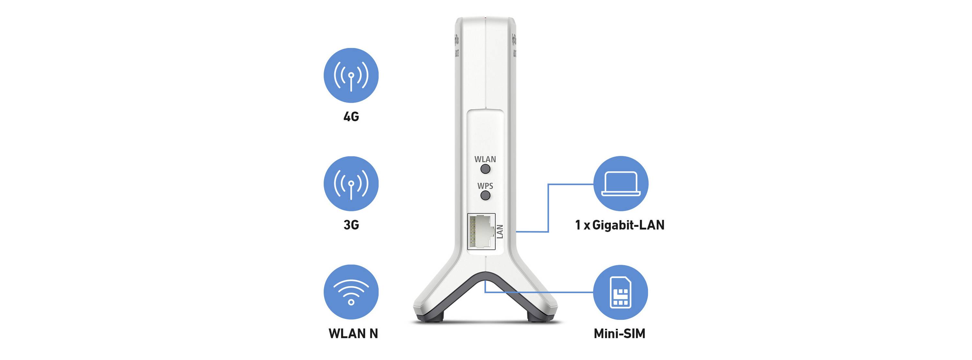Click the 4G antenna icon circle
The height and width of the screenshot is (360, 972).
[x=351, y=75]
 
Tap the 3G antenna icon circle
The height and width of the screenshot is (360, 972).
[x=351, y=184]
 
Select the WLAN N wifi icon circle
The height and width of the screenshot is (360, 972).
[x=351, y=292]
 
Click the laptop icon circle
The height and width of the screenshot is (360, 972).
[x=621, y=184]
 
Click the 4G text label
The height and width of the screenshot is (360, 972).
[x=351, y=117]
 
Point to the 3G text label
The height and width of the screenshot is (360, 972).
[x=351, y=225]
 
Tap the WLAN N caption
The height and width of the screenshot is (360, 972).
[x=353, y=333]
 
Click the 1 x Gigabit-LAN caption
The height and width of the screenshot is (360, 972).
[x=619, y=225]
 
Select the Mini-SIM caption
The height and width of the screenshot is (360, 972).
[x=619, y=333]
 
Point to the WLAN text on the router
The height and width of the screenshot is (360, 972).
[x=485, y=159]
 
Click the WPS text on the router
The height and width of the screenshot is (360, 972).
[x=485, y=186]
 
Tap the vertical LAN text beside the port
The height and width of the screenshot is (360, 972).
[x=500, y=231]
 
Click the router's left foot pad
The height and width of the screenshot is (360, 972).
[x=433, y=318]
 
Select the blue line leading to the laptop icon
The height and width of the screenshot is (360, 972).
[x=548, y=208]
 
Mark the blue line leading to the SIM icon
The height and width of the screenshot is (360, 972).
[x=539, y=292]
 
